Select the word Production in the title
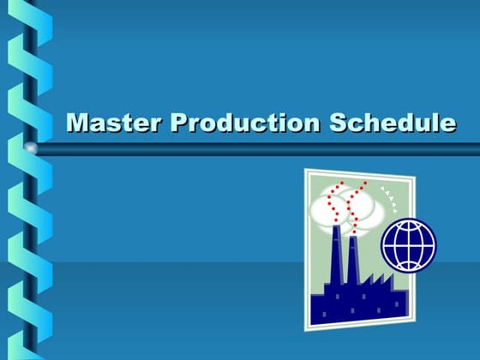(243, 123)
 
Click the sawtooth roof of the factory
(378, 280)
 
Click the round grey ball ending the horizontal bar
(32, 148)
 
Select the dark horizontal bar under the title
(257, 149)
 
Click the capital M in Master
(78, 123)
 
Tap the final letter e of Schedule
(447, 124)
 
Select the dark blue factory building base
(356, 306)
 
